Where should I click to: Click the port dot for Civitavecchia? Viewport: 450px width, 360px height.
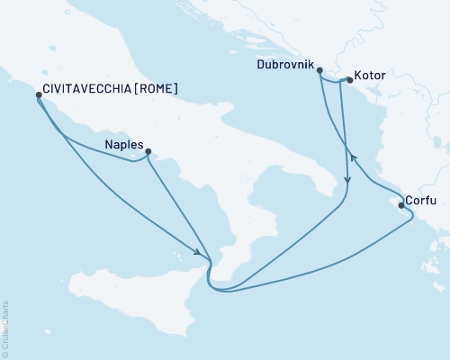(37, 94)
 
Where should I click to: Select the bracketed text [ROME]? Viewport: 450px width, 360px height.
(154, 89)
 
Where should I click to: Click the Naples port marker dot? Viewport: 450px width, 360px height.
(148, 151)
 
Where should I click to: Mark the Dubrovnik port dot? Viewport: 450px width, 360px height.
(319, 82)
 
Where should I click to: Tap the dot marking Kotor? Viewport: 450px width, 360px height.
(349, 80)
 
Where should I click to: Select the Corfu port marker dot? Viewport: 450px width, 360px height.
(400, 205)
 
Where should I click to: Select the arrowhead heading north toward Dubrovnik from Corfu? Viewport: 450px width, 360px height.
(354, 158)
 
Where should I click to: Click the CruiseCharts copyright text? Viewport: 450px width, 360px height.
(5, 328)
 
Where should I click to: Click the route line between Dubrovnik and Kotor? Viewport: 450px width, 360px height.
(335, 83)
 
